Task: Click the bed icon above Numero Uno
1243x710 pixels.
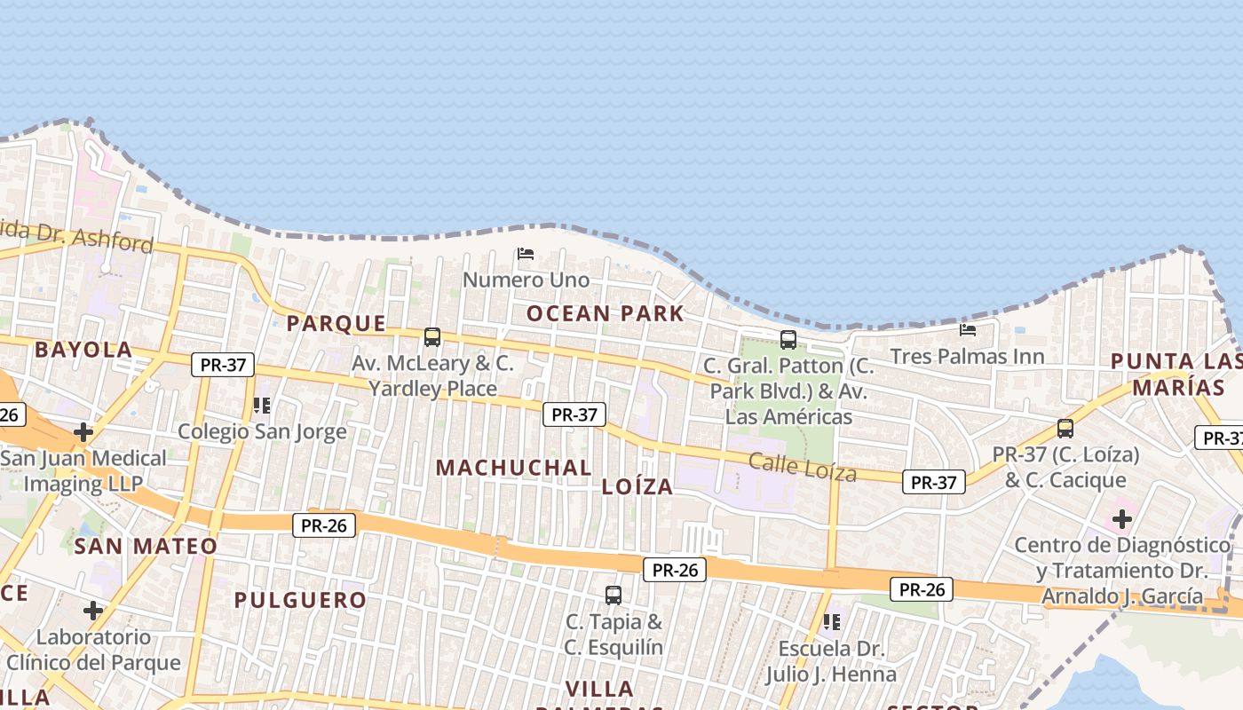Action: [x=526, y=254]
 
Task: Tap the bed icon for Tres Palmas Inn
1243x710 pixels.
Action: [x=968, y=330]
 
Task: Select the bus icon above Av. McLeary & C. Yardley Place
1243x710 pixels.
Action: [x=432, y=337]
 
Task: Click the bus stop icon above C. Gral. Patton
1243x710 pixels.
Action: [x=788, y=339]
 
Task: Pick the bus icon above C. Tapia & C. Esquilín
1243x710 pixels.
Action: [x=614, y=595]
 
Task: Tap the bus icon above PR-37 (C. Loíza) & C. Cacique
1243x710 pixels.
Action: [x=1065, y=429]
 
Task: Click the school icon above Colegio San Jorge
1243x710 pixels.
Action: [x=261, y=406]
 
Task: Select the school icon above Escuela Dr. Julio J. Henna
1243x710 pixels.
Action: [x=831, y=622]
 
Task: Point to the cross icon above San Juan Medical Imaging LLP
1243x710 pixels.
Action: [x=83, y=432]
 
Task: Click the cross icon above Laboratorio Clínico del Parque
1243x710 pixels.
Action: [x=93, y=611]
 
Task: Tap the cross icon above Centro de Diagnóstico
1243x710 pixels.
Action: [x=1122, y=518]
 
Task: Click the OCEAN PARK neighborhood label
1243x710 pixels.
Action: [x=606, y=313]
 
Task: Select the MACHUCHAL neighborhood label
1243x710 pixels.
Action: [x=514, y=467]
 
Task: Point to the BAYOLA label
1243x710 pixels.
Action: [x=83, y=350]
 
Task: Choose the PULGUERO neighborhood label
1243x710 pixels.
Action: [x=300, y=600]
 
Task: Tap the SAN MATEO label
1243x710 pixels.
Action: [x=146, y=546]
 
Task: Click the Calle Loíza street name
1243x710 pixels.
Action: [x=803, y=467]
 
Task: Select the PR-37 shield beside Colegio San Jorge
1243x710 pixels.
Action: [x=223, y=365]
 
